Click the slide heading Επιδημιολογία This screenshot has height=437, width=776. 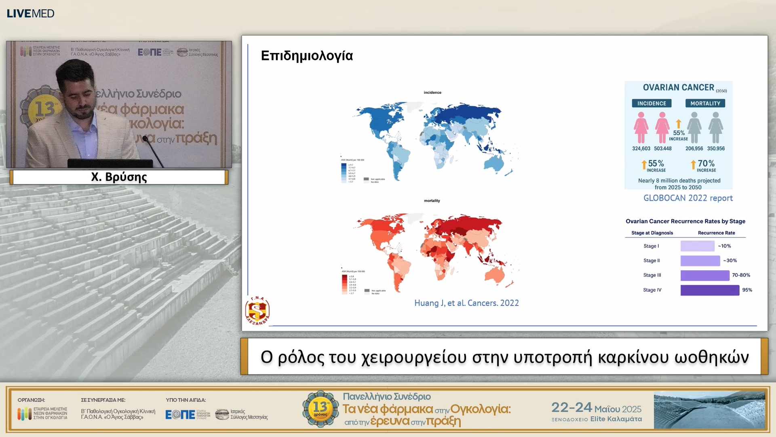[x=307, y=56]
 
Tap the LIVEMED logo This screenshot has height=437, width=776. [x=30, y=13]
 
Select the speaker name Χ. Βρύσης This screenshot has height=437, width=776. [x=119, y=177]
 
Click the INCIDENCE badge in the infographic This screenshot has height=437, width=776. [x=652, y=104]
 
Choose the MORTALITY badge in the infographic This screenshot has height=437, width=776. [x=705, y=104]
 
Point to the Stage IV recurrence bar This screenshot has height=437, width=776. [x=710, y=290]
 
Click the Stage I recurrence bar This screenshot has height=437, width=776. [x=697, y=246]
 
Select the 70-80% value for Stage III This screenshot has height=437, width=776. [x=741, y=275]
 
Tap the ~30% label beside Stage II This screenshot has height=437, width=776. [x=730, y=261]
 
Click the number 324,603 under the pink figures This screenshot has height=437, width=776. [x=641, y=148]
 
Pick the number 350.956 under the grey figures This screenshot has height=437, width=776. [x=716, y=148]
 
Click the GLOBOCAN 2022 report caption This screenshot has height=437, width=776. [x=688, y=198]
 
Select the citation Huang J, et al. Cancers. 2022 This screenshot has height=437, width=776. [x=466, y=303]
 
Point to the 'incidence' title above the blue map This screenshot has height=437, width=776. [x=432, y=93]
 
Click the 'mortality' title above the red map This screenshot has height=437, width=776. [x=432, y=201]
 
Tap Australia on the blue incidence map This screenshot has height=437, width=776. [x=494, y=163]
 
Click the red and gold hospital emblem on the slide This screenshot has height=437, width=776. [x=257, y=311]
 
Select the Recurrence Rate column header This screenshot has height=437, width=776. [x=716, y=233]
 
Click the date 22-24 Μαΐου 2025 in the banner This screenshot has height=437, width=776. [x=596, y=408]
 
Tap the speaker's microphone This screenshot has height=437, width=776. [x=145, y=139]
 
